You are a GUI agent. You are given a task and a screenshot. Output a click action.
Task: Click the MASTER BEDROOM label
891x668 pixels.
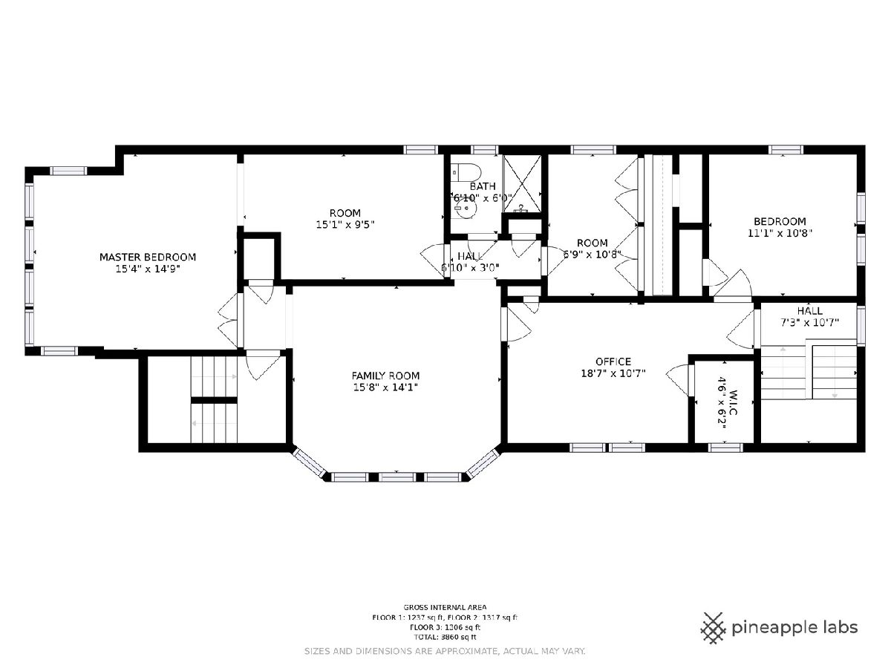(148, 257)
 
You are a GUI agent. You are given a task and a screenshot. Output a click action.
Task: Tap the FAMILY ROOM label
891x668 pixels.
(385, 376)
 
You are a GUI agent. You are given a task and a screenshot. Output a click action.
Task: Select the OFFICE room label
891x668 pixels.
(613, 361)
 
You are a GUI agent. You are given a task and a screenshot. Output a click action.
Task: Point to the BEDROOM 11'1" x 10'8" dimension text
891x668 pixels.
(780, 233)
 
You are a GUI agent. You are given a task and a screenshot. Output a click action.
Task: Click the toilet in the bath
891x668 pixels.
(466, 172)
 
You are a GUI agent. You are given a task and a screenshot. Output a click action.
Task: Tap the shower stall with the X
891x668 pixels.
(522, 183)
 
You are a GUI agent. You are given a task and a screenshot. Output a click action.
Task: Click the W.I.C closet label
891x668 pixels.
(733, 402)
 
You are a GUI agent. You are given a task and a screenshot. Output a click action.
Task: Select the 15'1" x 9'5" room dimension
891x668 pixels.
(345, 224)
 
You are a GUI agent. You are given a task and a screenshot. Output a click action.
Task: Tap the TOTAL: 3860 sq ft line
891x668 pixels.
(445, 637)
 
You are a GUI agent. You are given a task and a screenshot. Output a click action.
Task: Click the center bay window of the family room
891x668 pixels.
(397, 477)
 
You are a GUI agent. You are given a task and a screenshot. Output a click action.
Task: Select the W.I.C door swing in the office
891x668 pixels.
(678, 379)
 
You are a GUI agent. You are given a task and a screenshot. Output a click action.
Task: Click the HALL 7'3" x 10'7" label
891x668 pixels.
(810, 317)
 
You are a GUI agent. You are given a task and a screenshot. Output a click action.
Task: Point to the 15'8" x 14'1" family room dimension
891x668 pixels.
(385, 387)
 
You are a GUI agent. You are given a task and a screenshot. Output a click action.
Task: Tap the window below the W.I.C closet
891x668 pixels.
(725, 448)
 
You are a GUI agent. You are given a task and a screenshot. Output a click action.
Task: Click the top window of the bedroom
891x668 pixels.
(786, 150)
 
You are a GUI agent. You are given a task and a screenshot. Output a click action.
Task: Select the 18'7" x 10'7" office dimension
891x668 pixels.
(613, 373)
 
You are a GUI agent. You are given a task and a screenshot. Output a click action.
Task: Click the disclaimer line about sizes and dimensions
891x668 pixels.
(445, 652)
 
